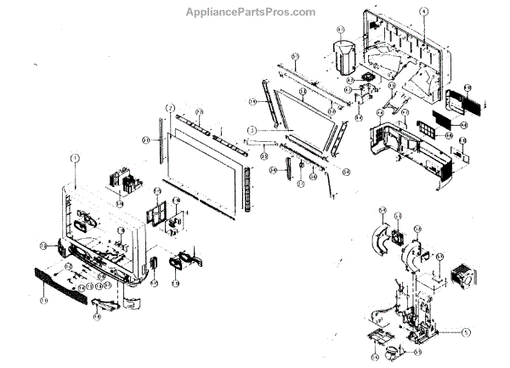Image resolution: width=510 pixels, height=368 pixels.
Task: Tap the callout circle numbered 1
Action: (x=74, y=158)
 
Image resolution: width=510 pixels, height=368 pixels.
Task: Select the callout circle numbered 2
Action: (x=170, y=108)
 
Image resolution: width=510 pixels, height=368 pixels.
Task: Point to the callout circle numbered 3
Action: (x=252, y=129)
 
